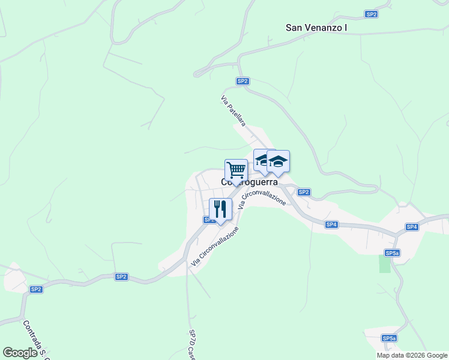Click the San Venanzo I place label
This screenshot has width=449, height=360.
[x=316, y=27]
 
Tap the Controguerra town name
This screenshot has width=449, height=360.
[x=250, y=182]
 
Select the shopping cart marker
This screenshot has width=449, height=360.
[x=236, y=170]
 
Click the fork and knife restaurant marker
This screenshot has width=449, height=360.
[x=220, y=209]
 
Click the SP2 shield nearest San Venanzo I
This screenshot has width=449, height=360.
[x=371, y=14]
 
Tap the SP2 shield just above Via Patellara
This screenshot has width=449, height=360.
[x=243, y=81]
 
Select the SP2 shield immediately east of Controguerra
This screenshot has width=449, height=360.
[x=304, y=192]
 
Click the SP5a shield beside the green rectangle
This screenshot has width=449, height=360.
[x=393, y=253]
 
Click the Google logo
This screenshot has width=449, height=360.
[x=20, y=353]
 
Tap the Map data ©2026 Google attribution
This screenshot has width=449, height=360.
[x=412, y=355]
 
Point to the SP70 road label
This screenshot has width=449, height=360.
[x=192, y=344]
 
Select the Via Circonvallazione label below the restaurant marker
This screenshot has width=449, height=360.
[x=215, y=247]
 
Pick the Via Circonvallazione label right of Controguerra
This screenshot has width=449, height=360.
[x=263, y=200]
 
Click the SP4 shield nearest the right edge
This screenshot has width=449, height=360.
[x=411, y=227]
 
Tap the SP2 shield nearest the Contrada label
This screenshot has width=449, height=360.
[x=36, y=289]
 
